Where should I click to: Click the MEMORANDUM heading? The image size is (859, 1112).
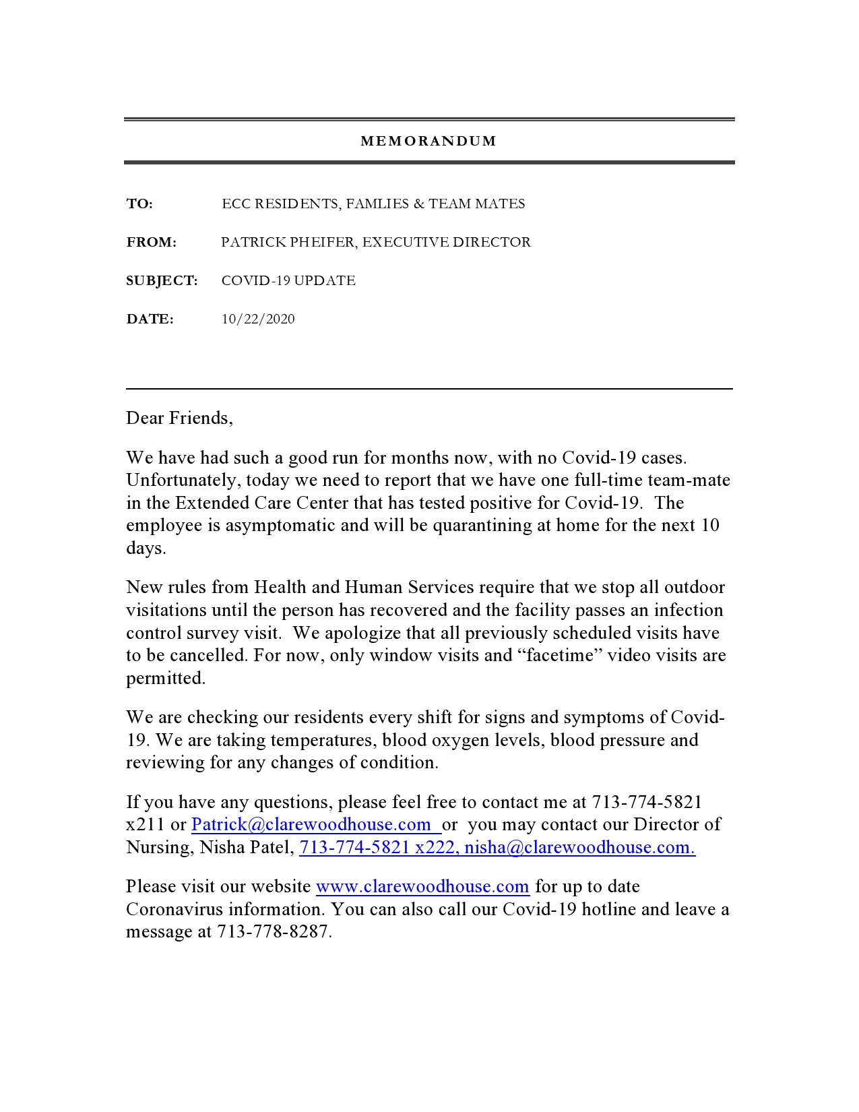pyautogui.click(x=428, y=142)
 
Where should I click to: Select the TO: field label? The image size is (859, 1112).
pyautogui.click(x=139, y=204)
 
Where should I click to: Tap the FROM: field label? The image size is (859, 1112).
pyautogui.click(x=152, y=243)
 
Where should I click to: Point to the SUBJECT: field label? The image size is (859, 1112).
pyautogui.click(x=162, y=281)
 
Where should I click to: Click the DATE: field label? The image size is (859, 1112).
pyautogui.click(x=150, y=319)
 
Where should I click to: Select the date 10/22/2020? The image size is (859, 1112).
pyautogui.click(x=258, y=319)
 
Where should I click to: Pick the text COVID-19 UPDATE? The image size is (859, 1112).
pyautogui.click(x=288, y=281)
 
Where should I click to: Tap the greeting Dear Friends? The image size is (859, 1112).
pyautogui.click(x=179, y=419)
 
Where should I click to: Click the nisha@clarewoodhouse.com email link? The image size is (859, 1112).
pyautogui.click(x=579, y=848)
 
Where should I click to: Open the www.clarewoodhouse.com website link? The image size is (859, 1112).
pyautogui.click(x=422, y=887)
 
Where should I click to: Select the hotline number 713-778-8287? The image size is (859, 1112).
pyautogui.click(x=273, y=932)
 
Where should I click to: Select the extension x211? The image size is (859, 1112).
pyautogui.click(x=146, y=825)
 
